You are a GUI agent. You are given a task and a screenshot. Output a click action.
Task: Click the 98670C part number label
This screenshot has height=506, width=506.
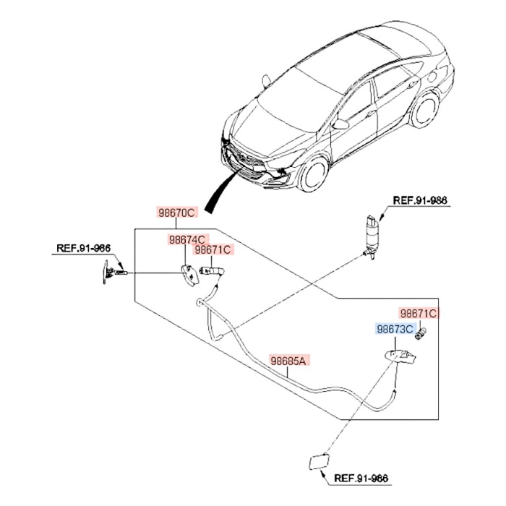pos(177,213)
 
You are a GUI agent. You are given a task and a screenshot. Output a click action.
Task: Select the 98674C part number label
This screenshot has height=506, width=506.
pos(187,239)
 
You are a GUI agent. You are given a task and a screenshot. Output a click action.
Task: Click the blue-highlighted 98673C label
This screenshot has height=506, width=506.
pos(395,330)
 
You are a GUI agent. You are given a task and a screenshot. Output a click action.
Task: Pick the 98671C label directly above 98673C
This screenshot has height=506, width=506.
pos(419,314)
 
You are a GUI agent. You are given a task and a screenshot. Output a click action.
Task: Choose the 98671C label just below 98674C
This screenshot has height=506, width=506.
pos(213,250)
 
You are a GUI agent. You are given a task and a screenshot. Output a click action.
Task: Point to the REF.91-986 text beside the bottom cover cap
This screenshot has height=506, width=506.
pos(362,479)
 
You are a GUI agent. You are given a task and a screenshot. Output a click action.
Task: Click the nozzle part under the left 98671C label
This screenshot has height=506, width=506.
pos(215,272)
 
